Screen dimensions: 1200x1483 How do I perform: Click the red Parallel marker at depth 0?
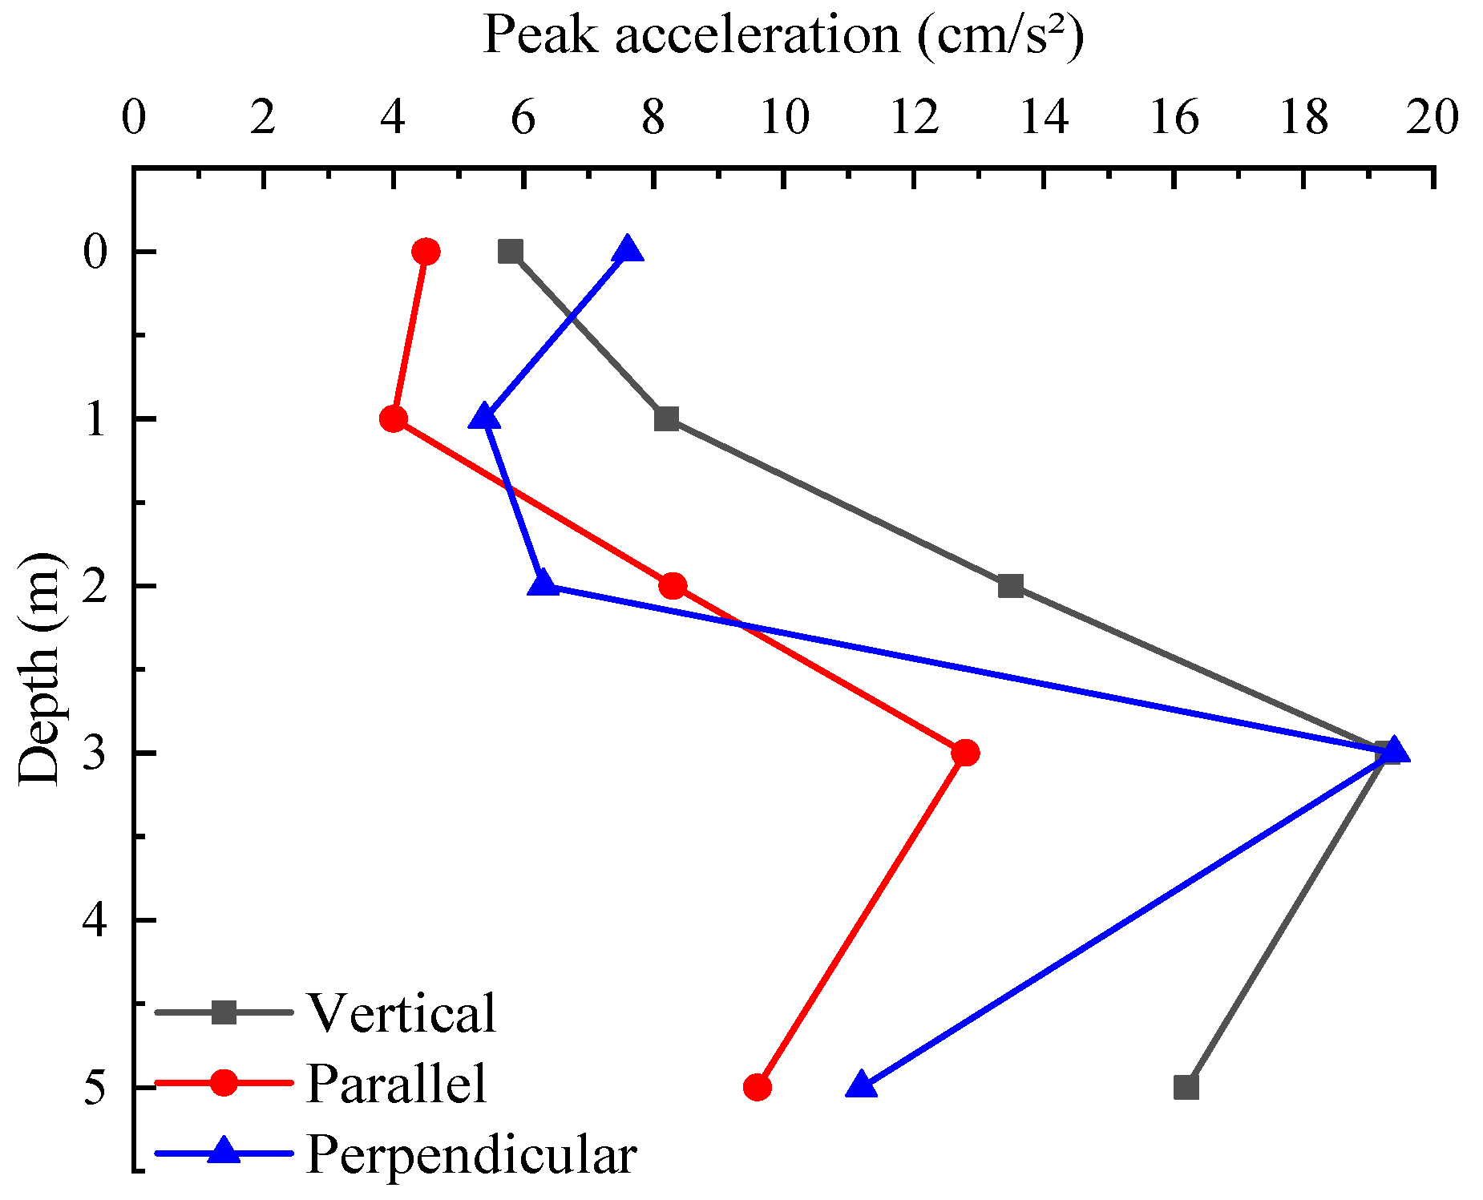coord(426,252)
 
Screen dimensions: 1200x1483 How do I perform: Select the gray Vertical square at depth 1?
coord(666,418)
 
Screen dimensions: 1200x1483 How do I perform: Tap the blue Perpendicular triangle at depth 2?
coord(543,584)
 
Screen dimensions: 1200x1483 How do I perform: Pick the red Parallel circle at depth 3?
coord(965,753)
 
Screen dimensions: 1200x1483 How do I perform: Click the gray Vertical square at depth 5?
coord(1186,1088)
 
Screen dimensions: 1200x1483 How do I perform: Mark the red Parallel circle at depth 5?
coord(758,1088)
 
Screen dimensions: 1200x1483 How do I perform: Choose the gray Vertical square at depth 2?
coord(1011,586)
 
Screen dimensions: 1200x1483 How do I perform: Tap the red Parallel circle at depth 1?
coord(394,418)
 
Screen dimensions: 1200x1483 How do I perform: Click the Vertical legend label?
coord(402,1013)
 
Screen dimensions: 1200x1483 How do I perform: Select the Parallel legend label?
coord(397,1084)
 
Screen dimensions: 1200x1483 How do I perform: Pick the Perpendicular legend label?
coord(471,1155)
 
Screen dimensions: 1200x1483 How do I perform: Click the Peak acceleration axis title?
coord(783,35)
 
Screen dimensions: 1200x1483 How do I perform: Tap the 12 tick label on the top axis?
coord(915,119)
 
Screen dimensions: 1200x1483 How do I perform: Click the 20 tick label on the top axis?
coord(1433,119)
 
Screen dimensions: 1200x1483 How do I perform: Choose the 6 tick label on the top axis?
coord(523,119)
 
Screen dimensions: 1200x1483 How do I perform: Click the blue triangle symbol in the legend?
coord(224,1153)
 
